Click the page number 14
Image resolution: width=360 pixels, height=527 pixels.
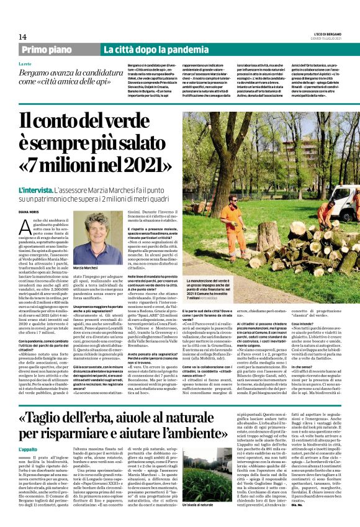(22, 37)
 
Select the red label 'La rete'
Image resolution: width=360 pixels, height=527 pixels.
(25, 64)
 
